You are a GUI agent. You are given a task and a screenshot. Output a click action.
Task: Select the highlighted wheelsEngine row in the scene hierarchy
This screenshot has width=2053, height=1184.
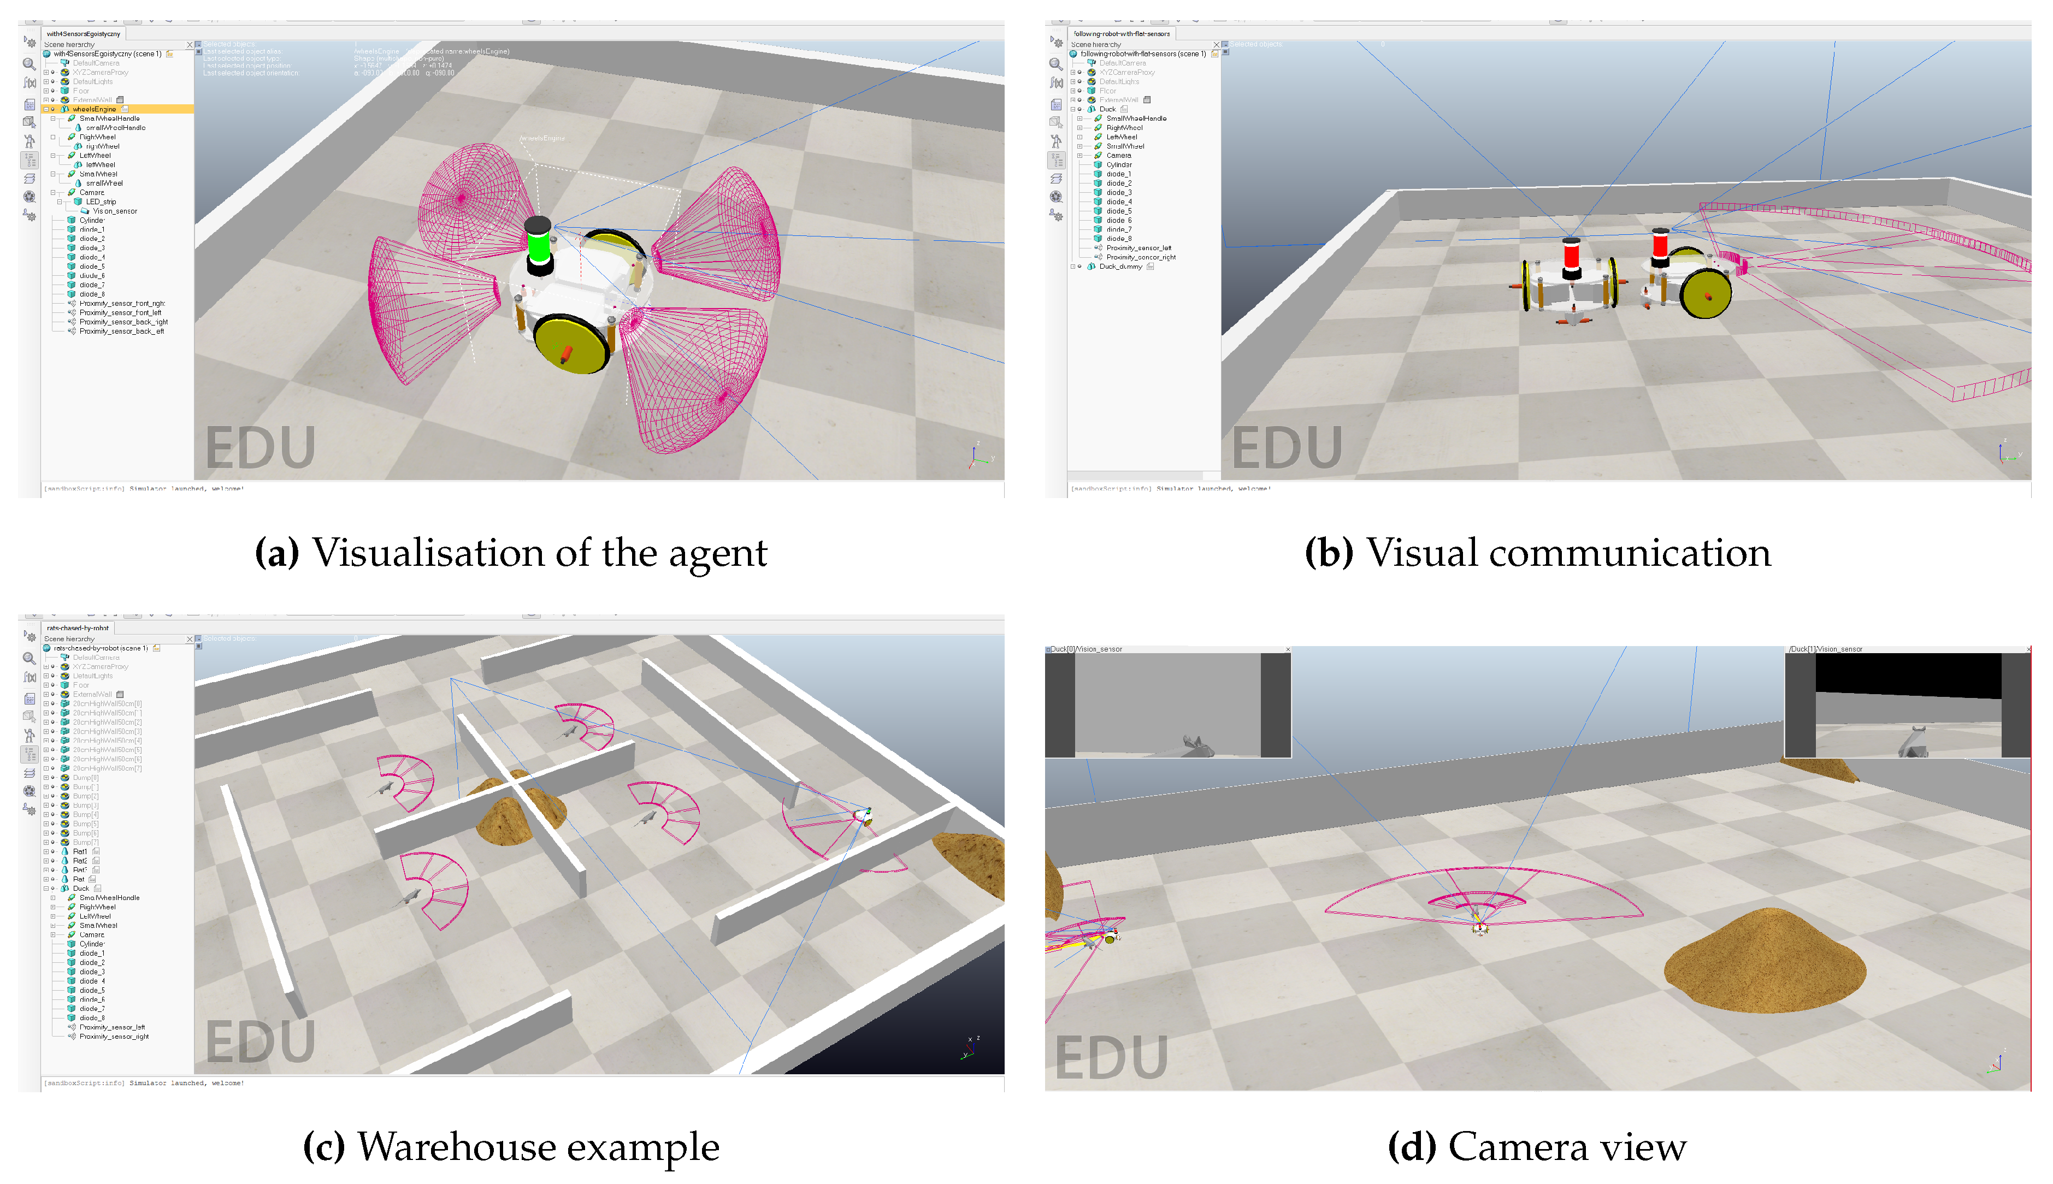pos(95,109)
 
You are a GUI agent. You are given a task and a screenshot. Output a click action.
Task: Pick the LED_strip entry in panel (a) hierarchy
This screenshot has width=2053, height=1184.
pos(101,202)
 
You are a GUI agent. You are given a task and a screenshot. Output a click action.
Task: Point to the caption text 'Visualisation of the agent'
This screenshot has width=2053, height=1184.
pos(539,553)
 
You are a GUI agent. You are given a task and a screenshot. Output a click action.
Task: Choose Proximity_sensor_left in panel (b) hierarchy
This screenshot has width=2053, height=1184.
pos(1138,248)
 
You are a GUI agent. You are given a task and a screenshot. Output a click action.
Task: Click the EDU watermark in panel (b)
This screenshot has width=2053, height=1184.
pos(1286,447)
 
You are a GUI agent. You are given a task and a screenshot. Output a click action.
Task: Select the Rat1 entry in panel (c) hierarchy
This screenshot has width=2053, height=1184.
pos(80,851)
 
